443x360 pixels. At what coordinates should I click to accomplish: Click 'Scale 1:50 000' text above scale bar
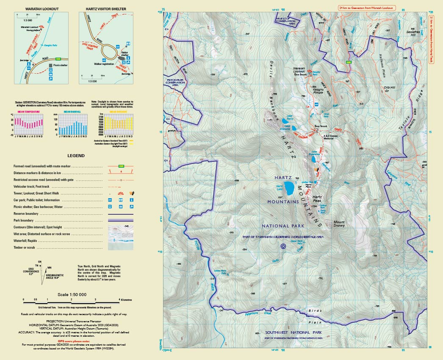click(74, 295)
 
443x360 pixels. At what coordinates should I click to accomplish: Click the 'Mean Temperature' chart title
click(29, 112)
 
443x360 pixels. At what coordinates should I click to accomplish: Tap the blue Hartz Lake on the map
click(290, 187)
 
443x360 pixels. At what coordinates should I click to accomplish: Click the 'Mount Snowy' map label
click(339, 224)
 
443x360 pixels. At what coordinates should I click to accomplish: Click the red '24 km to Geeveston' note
click(366, 8)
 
